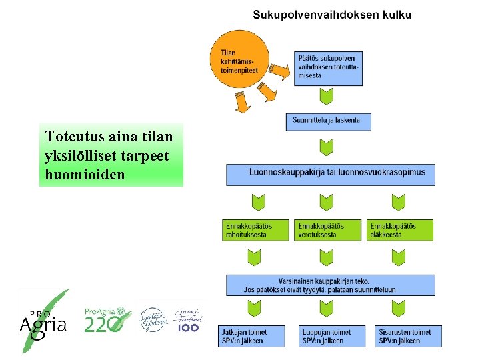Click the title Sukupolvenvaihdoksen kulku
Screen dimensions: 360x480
[332, 15]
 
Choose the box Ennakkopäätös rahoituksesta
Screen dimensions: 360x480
[257, 230]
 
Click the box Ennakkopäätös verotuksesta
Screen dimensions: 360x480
[329, 230]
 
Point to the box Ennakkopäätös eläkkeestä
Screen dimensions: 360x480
[400, 230]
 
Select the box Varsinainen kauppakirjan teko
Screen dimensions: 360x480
[330, 285]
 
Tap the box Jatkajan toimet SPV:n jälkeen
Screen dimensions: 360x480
[251, 336]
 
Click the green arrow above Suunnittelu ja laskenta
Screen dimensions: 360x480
[326, 97]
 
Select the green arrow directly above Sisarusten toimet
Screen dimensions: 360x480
[399, 309]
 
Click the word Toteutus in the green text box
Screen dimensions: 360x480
[70, 137]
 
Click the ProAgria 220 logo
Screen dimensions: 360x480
[105, 320]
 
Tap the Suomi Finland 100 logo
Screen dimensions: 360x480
[188, 320]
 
